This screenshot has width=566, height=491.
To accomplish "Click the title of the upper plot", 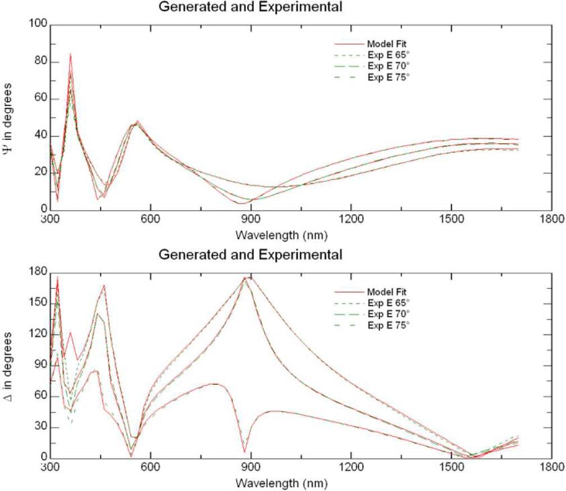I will tap(250, 7).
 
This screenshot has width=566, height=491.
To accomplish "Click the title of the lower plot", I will tap(250, 255).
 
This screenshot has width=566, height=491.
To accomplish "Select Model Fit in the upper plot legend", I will tap(388, 44).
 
